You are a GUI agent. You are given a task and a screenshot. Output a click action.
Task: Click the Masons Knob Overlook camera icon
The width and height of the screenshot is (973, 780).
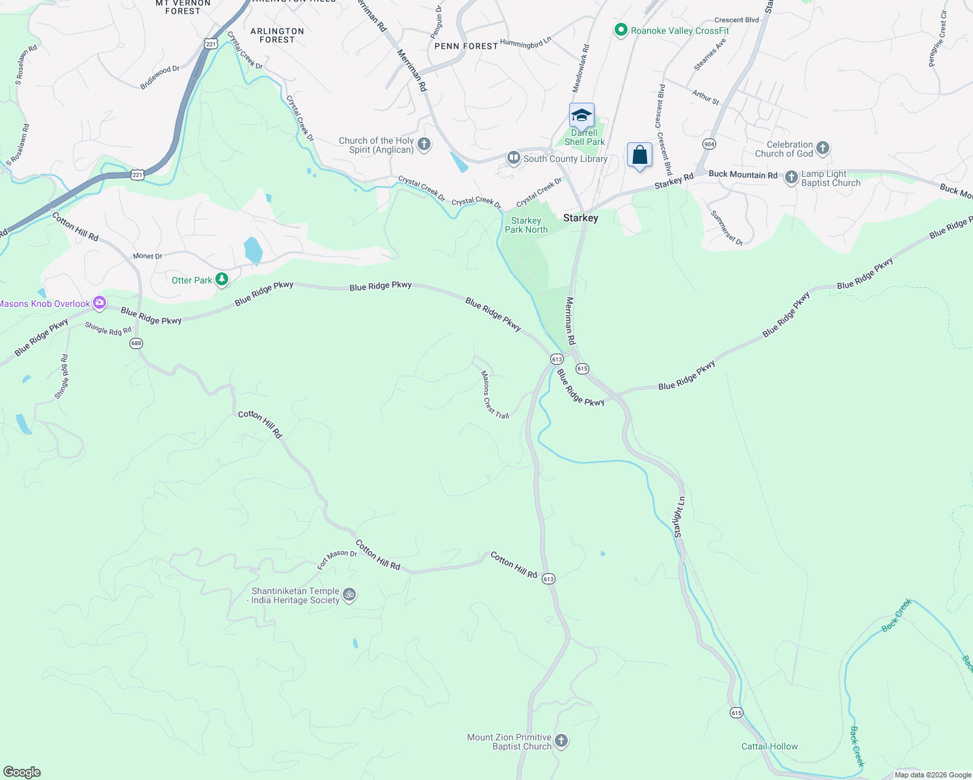pos(99,302)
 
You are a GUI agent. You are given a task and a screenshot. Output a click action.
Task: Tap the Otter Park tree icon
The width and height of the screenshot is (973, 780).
pos(222,279)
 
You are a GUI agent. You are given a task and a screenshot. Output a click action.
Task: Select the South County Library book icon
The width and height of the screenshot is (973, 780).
pos(514,158)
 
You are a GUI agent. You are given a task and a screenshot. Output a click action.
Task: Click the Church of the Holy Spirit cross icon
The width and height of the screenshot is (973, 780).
pos(424,144)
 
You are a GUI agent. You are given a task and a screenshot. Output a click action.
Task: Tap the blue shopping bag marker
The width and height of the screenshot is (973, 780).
pos(639,155)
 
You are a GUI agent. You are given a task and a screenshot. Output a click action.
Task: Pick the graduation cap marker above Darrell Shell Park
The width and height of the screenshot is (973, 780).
pos(581,116)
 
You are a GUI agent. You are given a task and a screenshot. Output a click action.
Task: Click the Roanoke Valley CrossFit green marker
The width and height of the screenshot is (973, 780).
pos(621,30)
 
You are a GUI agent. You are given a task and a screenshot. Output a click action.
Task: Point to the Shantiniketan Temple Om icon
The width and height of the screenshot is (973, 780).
pos(349,595)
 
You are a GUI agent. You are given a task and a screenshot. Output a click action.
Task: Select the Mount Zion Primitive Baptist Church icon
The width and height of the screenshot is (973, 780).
pos(561,741)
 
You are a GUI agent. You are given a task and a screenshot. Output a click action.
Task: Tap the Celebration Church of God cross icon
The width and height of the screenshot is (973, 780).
pos(823,148)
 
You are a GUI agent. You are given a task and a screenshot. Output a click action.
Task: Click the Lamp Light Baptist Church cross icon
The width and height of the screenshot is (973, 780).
pos(791,177)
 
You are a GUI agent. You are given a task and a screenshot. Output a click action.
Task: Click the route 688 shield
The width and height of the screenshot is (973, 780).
pos(136,343)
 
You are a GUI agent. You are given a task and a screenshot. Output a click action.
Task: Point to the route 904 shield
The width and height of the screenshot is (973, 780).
pos(709,144)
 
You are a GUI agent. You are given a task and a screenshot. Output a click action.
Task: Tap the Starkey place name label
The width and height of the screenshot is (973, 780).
pos(580,218)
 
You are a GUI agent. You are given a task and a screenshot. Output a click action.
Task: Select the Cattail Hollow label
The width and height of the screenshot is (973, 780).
pos(769,746)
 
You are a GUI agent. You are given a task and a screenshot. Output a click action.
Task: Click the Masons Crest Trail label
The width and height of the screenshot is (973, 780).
pos(494,395)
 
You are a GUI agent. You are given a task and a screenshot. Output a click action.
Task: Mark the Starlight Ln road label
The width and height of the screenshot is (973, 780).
pos(679,517)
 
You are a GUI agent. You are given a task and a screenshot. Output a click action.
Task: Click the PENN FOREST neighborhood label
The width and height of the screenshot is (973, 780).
pos(466,46)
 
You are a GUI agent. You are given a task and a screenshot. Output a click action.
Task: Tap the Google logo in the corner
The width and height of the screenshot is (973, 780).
pos(22,772)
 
